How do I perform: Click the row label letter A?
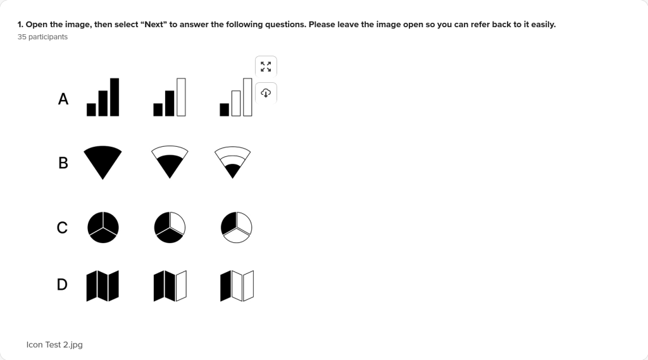(63, 99)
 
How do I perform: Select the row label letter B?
(63, 163)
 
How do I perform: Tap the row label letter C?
(62, 228)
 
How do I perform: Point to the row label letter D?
(62, 284)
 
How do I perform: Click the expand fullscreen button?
(266, 66)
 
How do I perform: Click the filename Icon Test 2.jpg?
(54, 345)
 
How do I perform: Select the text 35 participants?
(42, 37)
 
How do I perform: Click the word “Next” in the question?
(154, 25)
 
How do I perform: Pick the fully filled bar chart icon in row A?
(103, 97)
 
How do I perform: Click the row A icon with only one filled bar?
(236, 97)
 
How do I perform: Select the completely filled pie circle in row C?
(103, 227)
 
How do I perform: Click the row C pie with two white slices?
(237, 227)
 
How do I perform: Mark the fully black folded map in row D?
(103, 286)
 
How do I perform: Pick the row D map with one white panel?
(170, 286)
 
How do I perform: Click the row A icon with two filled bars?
(170, 97)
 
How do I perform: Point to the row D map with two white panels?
(237, 286)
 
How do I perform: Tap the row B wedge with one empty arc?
(170, 162)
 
